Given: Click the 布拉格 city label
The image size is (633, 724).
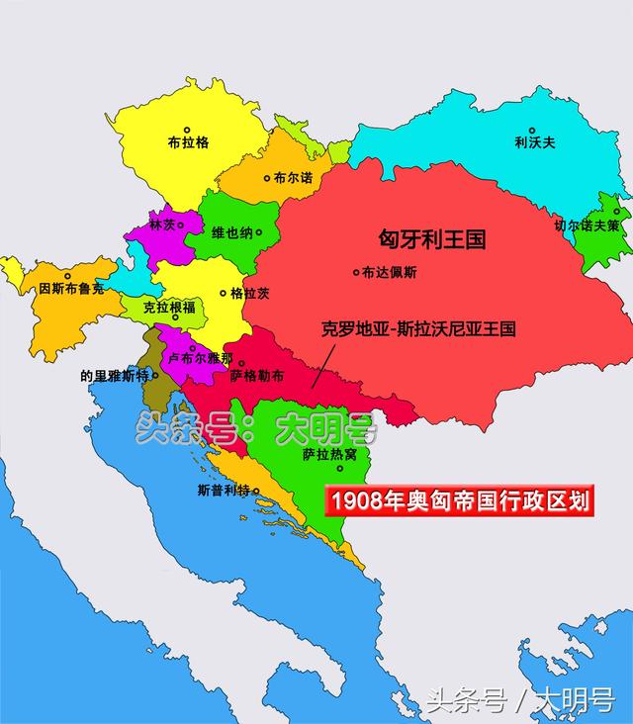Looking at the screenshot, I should [x=189, y=142].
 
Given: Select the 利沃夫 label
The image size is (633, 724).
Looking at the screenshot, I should [x=535, y=142].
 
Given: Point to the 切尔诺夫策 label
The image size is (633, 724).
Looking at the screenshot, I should [x=589, y=226].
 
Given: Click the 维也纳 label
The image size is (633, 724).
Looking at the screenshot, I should [x=231, y=233].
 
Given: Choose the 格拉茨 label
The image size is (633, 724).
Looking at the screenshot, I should [x=249, y=294].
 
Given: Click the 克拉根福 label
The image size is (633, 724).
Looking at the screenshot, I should [x=169, y=308].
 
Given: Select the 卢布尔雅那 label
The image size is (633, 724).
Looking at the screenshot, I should [x=202, y=357].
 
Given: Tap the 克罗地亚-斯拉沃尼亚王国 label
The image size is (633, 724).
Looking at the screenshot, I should [x=419, y=328].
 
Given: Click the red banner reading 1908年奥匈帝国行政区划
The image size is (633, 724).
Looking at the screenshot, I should [x=460, y=500].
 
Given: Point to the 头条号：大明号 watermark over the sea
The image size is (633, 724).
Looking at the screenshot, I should [x=257, y=428].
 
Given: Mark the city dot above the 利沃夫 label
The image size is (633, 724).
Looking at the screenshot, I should [x=532, y=130].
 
